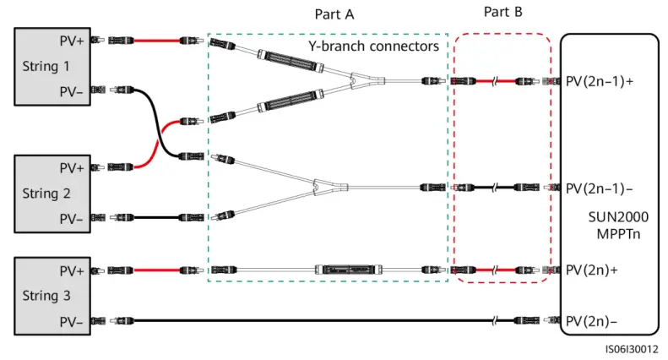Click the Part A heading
pos(334,14)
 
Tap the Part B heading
pos(503,12)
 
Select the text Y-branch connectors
pos(373,46)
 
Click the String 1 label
pos(46,66)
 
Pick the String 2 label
pos(46,194)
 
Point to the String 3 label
pos(46,296)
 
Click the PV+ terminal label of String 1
pos(72,41)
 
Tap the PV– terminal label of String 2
pos(71,219)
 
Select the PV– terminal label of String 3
pos(71,322)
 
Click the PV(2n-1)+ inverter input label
pos(600,81)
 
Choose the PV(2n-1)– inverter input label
pos(599,188)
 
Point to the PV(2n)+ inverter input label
pos(592,270)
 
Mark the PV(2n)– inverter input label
pos(591,321)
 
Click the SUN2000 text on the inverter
pos(618,217)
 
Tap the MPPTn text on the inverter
pos(618,234)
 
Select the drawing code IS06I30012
pos(632,349)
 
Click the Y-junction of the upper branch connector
pos(356,79)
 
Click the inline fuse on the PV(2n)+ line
pos(348,270)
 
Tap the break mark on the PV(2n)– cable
pos(494,321)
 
